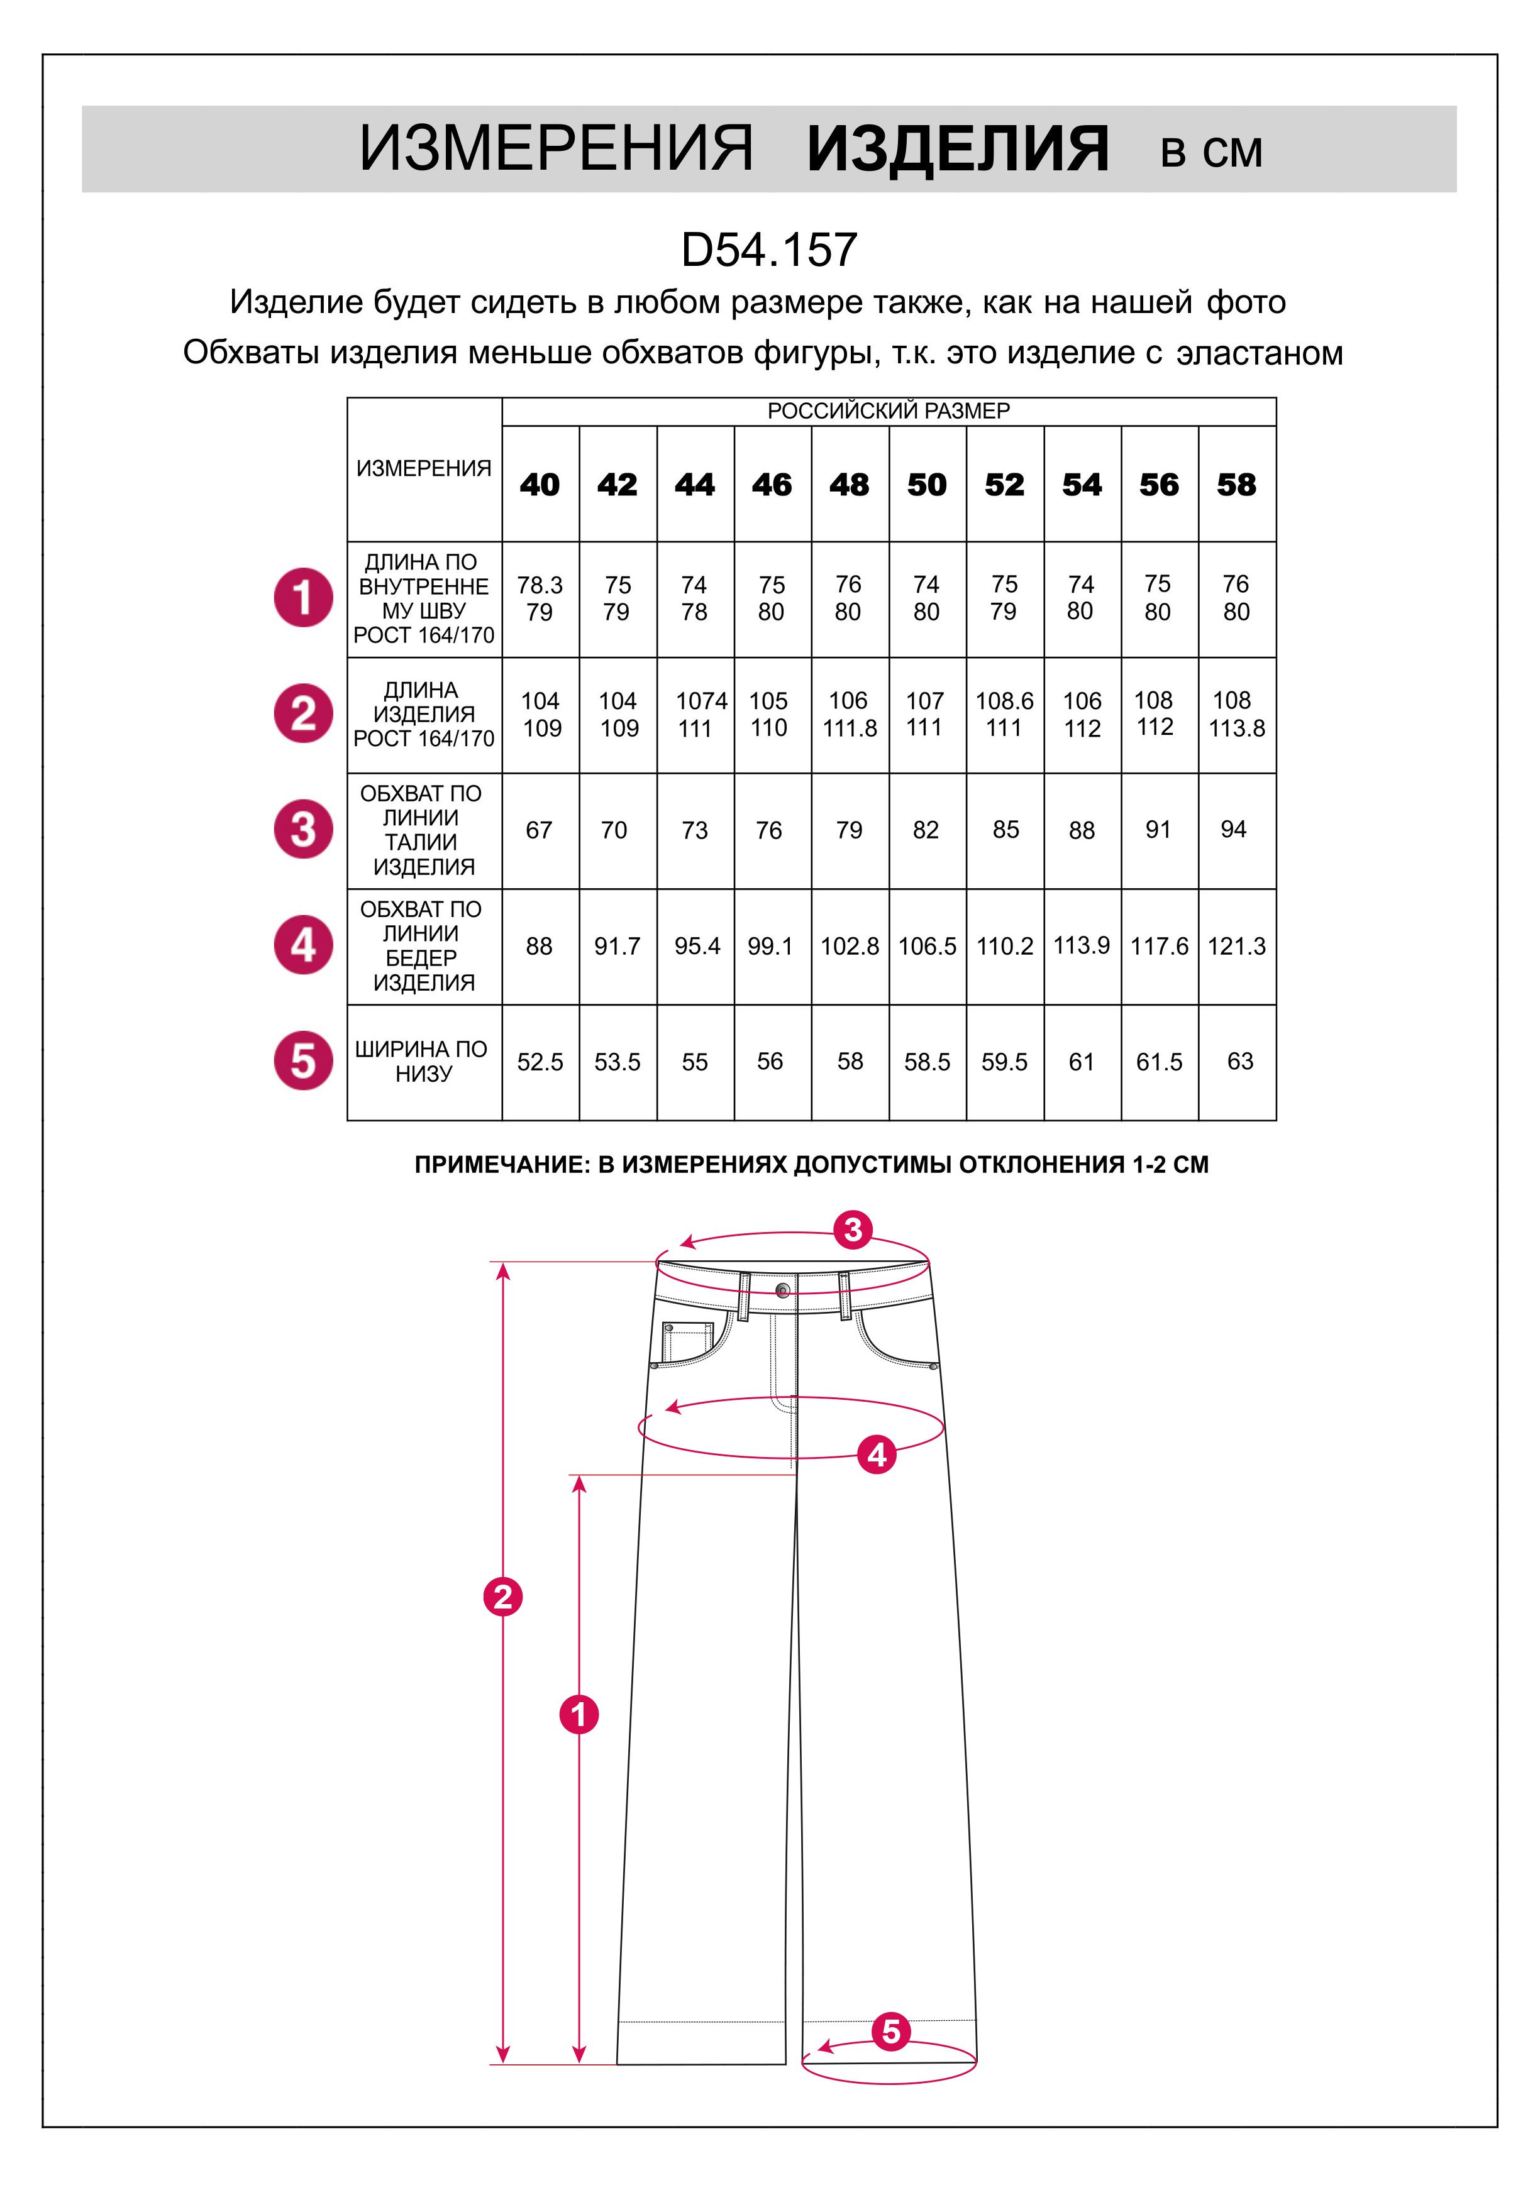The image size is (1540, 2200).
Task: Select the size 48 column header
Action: pos(849,485)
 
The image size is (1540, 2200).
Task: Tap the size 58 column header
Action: pos(1236,485)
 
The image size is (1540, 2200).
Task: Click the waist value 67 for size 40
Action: pos(540,830)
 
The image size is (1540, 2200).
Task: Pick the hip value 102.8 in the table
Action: pos(849,947)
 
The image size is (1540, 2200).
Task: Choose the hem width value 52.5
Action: pos(540,1062)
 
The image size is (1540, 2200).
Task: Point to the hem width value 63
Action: pos(1239,1062)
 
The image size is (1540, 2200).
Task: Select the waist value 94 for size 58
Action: pos(1233,830)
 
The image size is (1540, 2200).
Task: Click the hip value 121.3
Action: pos(1236,947)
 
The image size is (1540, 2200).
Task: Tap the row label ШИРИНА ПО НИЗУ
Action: pos(422,1062)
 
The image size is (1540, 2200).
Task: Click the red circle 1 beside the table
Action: pos(304,598)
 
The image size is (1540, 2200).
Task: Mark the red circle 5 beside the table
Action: pos(304,1062)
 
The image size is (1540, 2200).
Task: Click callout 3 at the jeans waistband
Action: pos(853,1229)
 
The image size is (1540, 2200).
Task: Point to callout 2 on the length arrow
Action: pos(503,1597)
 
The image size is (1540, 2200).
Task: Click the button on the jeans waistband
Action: pos(783,1289)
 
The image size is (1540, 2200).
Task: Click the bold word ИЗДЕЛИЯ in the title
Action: pos(957,150)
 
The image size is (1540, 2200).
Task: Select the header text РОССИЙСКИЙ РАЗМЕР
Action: pos(889,411)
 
